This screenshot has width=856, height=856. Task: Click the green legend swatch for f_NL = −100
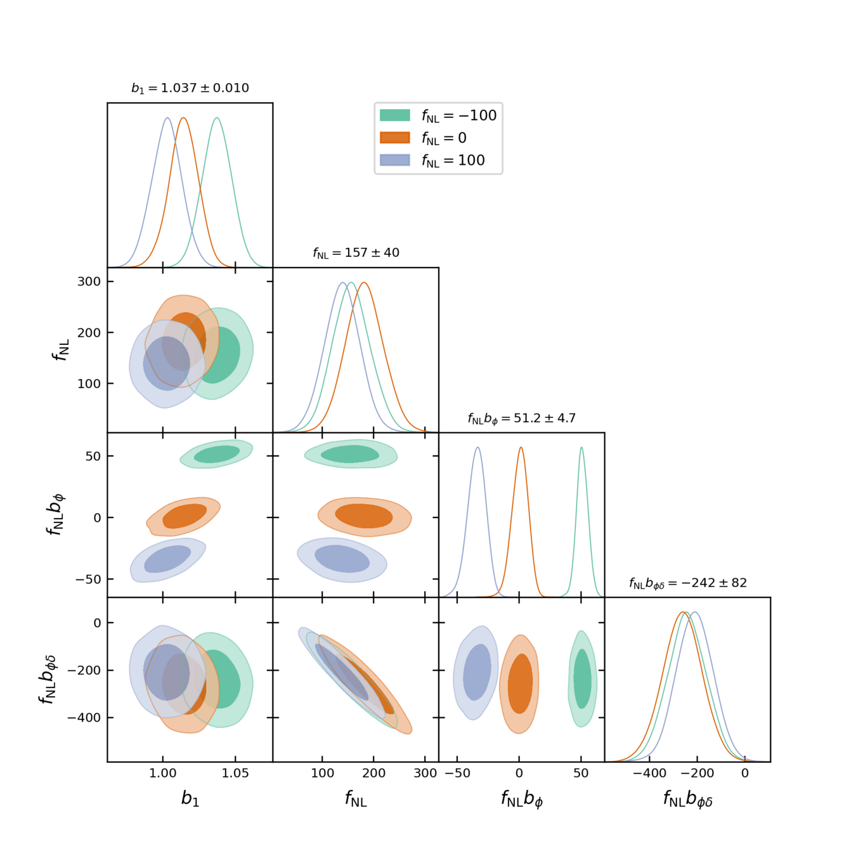394,115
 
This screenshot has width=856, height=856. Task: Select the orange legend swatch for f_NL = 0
394,138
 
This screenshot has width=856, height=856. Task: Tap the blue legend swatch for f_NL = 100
394,160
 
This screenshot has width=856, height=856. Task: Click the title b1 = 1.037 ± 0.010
190,88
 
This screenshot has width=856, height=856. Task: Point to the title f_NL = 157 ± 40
356,253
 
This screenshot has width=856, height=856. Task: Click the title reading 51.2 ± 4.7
522,418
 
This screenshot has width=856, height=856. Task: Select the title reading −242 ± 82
688,583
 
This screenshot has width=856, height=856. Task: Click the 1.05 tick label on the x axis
236,773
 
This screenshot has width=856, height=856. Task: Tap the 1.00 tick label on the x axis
163,773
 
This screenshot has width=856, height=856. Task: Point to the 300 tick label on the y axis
89,282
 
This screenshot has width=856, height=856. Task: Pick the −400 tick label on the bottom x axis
650,773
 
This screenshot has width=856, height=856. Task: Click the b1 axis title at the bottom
190,798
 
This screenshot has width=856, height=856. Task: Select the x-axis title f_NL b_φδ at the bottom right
688,799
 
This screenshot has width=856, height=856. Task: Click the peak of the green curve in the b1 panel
217,118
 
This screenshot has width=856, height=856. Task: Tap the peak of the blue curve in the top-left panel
167,118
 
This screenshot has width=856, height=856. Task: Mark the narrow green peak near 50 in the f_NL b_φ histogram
581,448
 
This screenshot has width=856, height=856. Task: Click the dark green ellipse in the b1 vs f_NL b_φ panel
217,454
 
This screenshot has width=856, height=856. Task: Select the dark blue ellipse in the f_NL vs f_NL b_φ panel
342,559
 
